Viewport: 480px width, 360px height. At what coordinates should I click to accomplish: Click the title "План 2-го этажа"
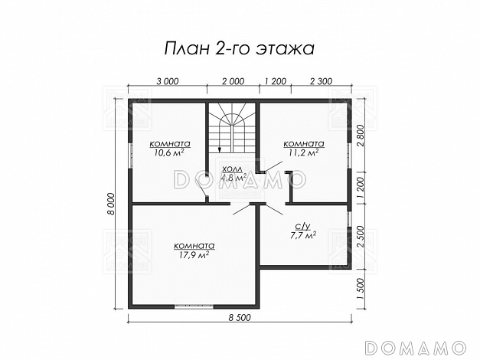pos(240,49)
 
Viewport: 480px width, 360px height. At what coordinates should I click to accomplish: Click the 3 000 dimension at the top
pos(167,81)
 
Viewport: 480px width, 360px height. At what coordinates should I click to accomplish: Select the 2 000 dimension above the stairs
pos(233,81)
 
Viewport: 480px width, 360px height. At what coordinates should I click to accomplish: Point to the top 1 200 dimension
pos(275,81)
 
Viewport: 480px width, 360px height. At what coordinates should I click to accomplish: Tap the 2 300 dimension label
pos(321,81)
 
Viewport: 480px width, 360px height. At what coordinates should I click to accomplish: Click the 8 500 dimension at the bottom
pos(240,318)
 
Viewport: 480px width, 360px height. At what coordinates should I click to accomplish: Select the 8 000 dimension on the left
pos(111,205)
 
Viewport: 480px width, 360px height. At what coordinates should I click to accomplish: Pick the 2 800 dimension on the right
pos(361,136)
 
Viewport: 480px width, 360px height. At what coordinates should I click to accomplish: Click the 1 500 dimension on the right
pos(361,290)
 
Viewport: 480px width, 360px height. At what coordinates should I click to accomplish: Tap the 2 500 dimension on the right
pos(361,237)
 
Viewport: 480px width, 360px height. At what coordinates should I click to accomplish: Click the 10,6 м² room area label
pos(169,152)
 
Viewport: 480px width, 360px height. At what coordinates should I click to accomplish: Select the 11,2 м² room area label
pos(303,152)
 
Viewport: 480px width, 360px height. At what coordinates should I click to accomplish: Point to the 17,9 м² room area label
pos(194,254)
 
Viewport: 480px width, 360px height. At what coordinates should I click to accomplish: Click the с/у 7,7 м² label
pos(302,231)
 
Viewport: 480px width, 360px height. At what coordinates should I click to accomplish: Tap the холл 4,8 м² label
pos(234,173)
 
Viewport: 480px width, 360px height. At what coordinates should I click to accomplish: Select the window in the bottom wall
pos(194,306)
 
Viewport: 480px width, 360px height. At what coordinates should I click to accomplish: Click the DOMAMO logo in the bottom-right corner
pos(416,348)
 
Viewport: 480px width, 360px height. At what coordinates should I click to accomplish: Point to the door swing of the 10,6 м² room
pos(201,188)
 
